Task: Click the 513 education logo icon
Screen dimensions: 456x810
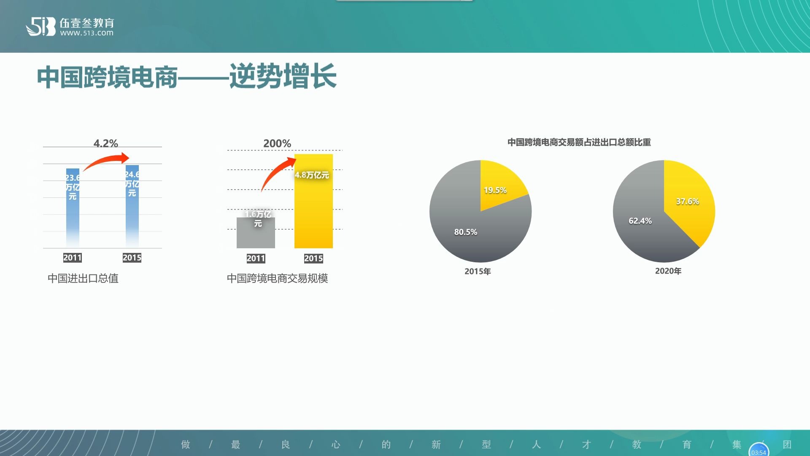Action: [40, 27]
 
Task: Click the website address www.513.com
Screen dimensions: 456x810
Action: [86, 33]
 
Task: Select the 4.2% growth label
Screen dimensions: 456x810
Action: [105, 144]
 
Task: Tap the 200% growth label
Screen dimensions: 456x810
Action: [277, 144]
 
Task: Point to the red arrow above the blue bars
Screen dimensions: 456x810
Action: [108, 161]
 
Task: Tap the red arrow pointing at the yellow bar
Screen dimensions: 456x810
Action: [276, 172]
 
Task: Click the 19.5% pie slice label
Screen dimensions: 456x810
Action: [495, 190]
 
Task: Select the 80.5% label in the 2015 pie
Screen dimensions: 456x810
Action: [465, 232]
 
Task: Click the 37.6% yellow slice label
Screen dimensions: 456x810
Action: [687, 201]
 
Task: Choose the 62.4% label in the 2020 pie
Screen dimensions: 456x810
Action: [640, 221]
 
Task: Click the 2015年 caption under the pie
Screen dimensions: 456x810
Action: [478, 271]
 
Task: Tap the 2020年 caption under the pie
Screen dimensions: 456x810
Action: [668, 271]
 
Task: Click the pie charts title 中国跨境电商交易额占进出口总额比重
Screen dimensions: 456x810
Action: [579, 142]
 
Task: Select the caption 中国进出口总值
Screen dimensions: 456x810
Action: [83, 278]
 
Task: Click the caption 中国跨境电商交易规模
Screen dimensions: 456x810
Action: [277, 278]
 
